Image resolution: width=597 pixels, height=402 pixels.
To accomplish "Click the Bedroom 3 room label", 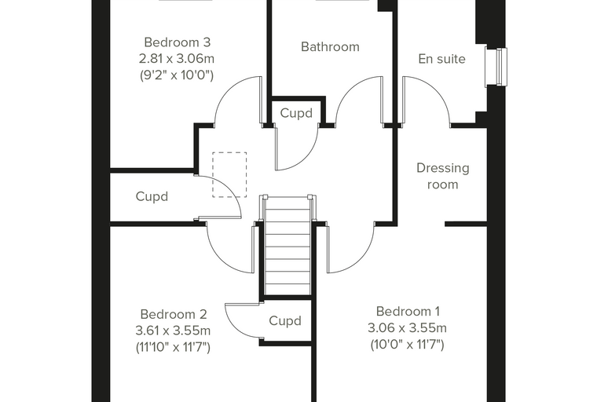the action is click(177, 42).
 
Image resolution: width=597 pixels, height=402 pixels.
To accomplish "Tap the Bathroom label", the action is click(330, 46).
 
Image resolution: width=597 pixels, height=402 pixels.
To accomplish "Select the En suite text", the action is click(441, 59).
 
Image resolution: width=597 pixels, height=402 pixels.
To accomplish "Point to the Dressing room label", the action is click(442, 176).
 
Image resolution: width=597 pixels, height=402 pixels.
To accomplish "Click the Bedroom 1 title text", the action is click(408, 311).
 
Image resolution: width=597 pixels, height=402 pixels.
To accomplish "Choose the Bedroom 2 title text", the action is click(174, 314).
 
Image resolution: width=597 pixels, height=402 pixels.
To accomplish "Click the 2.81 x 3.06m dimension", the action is click(177, 59).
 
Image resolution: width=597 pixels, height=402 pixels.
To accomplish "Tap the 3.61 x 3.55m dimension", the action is click(173, 331).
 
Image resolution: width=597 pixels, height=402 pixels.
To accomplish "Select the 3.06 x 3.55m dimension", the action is click(408, 327).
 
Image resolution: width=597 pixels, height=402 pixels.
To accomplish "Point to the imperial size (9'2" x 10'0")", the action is click(177, 75).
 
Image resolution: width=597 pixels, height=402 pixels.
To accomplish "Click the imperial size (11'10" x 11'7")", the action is click(173, 347).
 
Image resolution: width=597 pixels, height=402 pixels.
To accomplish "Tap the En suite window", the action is click(496, 67).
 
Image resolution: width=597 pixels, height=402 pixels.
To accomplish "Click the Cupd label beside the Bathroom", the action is click(296, 113).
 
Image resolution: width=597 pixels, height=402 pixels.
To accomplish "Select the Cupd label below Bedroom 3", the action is click(152, 196).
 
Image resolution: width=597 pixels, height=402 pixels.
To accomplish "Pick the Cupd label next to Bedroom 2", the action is click(285, 320).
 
